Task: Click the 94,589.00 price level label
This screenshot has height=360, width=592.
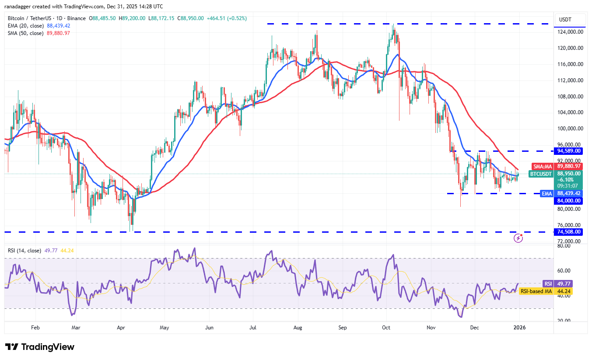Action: click(568, 151)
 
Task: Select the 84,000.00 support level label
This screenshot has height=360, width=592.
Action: click(568, 201)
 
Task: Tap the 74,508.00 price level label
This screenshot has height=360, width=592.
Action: click(568, 232)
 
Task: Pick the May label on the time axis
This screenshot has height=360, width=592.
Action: click(165, 327)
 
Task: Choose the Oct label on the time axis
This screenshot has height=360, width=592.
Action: click(386, 327)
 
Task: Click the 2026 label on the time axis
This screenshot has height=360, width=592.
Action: click(519, 327)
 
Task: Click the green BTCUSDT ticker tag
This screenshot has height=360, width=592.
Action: click(541, 174)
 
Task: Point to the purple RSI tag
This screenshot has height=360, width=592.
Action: click(548, 283)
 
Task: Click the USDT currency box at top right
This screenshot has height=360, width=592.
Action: click(568, 20)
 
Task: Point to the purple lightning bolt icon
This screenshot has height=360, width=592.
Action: click(518, 238)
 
